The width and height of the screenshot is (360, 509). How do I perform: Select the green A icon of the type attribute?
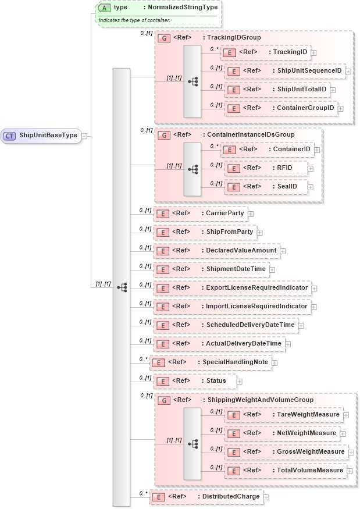click(x=104, y=8)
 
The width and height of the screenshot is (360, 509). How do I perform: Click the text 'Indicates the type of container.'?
click(x=134, y=20)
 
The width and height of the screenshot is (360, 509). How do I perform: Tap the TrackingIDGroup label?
click(x=231, y=37)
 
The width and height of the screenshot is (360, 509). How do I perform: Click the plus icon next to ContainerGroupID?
click(x=341, y=108)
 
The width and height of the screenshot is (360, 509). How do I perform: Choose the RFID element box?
click(x=265, y=168)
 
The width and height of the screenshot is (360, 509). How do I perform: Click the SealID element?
click(x=265, y=187)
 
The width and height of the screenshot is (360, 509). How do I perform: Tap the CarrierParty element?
click(x=200, y=213)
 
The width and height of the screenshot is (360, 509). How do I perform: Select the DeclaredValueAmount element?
click(x=216, y=251)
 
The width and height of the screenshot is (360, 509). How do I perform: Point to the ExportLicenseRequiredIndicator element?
click(x=232, y=288)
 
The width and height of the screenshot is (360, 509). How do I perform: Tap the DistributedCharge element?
click(x=206, y=497)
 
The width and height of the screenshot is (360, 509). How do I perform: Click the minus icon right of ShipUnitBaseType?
click(x=85, y=136)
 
